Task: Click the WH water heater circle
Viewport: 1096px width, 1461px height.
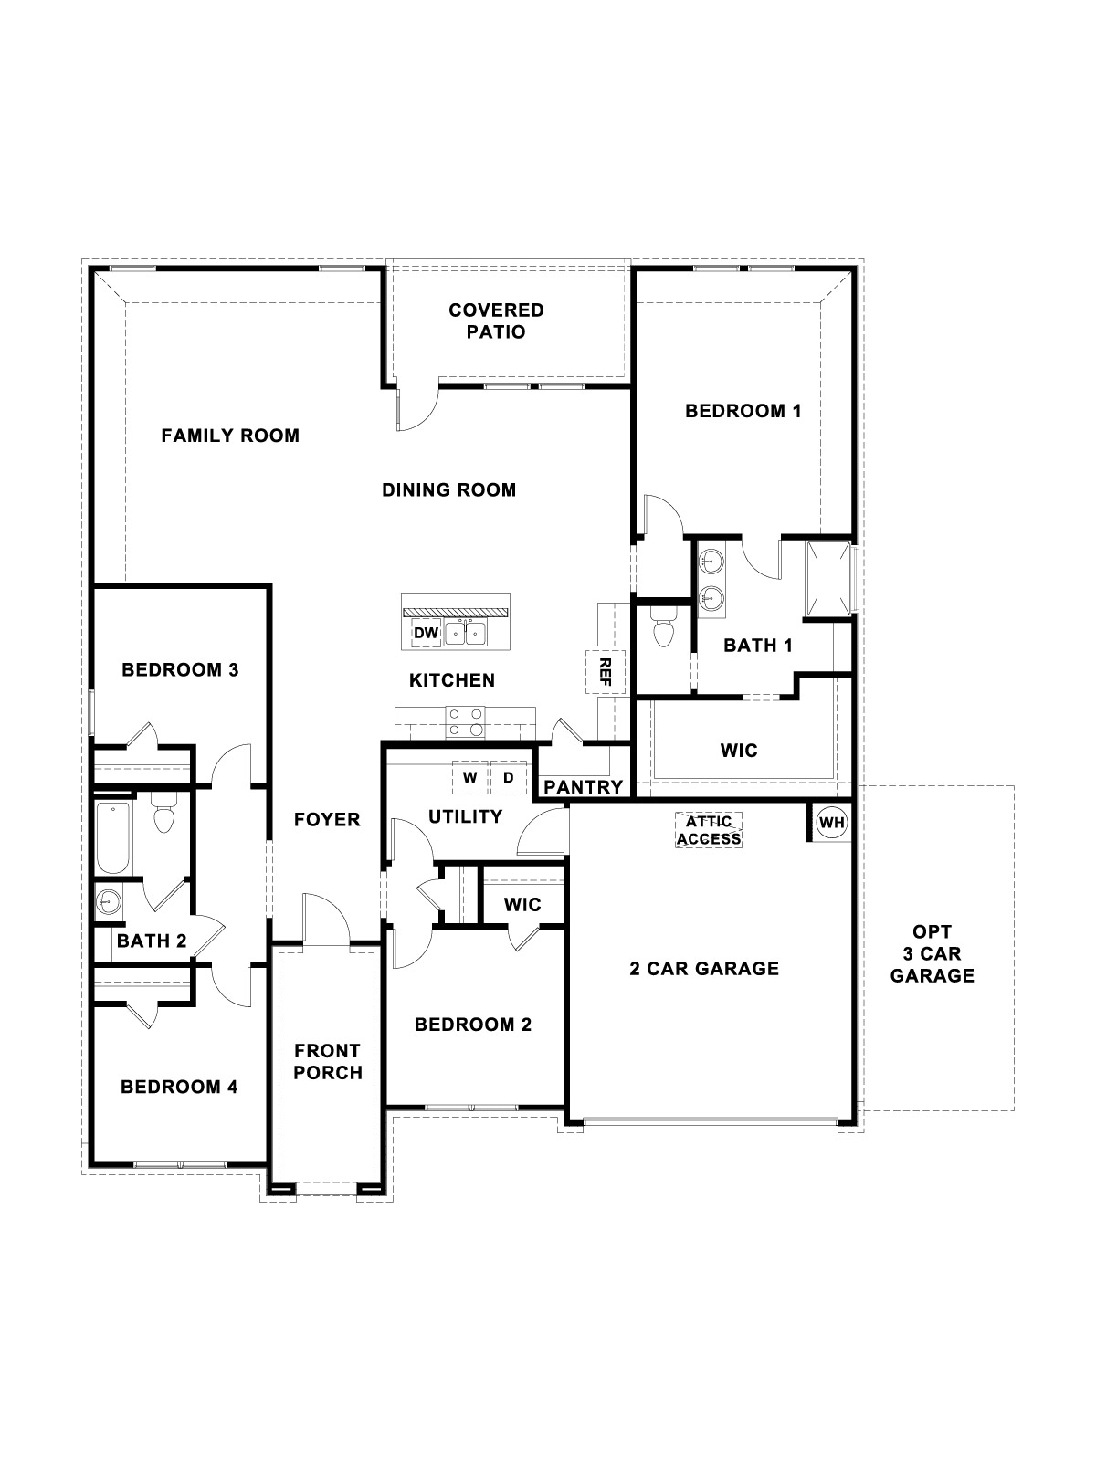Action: [831, 822]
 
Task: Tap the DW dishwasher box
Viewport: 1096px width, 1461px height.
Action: [426, 633]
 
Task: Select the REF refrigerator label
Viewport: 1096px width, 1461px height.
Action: [605, 672]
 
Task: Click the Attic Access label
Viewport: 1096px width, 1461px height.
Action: [709, 830]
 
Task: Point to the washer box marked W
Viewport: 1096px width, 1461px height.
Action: [470, 778]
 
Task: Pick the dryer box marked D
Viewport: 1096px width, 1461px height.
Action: [509, 778]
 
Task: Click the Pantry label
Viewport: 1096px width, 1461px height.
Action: [584, 786]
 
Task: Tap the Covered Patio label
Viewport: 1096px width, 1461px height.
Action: [496, 321]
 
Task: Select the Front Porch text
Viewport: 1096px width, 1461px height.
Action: [328, 1062]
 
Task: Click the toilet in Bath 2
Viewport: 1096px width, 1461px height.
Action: [163, 815]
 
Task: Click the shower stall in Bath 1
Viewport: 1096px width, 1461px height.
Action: [828, 577]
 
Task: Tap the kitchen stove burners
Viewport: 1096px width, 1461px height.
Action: [465, 721]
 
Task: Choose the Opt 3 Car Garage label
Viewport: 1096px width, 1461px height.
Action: [933, 953]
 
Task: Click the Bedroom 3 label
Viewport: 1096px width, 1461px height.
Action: [180, 670]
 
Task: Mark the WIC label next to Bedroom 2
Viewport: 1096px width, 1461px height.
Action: [522, 905]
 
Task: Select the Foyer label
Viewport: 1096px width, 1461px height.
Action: [327, 820]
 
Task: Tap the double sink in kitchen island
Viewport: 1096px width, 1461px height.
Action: [466, 632]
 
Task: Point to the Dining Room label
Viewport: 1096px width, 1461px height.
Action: [448, 490]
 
